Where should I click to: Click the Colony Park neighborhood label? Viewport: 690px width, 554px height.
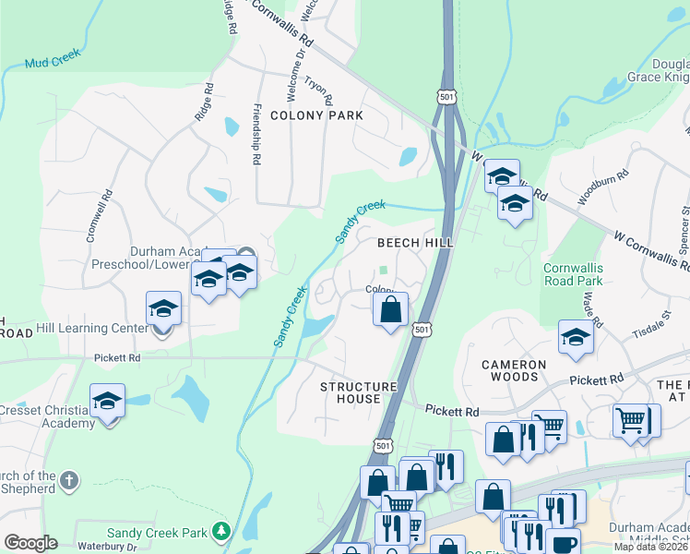point(316,115)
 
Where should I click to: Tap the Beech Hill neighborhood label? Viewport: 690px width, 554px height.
point(414,243)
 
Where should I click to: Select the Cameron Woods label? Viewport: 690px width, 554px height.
point(522,370)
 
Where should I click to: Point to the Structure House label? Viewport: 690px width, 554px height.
point(358,392)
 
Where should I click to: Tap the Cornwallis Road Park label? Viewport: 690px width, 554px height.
point(572,274)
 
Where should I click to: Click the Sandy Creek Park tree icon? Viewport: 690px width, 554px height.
point(220,531)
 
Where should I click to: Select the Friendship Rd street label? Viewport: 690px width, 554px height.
point(255,134)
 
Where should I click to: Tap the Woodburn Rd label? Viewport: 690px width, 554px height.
point(602,187)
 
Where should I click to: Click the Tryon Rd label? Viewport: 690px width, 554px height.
point(317,90)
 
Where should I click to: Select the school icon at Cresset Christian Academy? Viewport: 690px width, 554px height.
point(107,402)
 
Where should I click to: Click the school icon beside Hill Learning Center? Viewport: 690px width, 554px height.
point(163,308)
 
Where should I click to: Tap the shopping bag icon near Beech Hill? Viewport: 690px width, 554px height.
point(391,308)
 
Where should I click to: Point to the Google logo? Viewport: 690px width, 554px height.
point(30,543)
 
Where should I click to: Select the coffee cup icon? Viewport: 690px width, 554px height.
point(563,544)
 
